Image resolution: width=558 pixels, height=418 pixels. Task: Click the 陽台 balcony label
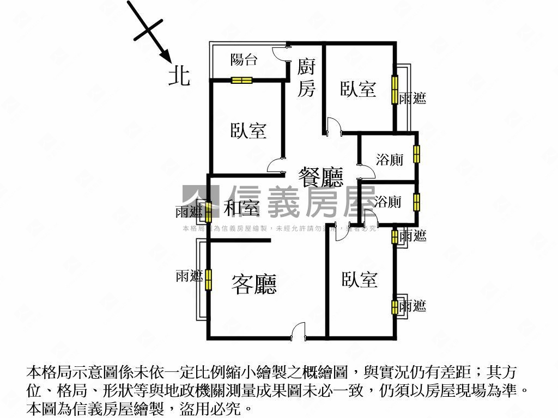[244, 59]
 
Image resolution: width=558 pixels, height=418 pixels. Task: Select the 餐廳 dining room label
[320, 177]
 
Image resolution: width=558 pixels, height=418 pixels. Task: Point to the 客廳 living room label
[254, 284]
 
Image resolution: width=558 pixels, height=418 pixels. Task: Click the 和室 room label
[241, 208]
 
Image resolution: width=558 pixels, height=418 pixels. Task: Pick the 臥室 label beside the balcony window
[248, 131]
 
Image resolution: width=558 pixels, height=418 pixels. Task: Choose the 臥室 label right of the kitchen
[358, 89]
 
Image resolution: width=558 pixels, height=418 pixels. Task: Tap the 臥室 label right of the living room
[360, 280]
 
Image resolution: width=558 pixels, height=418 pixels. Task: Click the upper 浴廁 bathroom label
[390, 160]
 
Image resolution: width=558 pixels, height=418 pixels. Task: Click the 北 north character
[179, 76]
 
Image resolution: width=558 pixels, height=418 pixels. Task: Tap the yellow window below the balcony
[241, 81]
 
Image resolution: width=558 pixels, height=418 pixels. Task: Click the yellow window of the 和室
[208, 212]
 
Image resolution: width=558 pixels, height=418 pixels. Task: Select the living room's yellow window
[208, 281]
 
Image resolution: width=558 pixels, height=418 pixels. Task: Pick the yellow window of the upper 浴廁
[416, 154]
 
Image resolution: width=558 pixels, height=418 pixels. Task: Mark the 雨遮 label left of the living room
[189, 276]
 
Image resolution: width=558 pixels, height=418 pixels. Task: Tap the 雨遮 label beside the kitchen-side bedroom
[412, 99]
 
